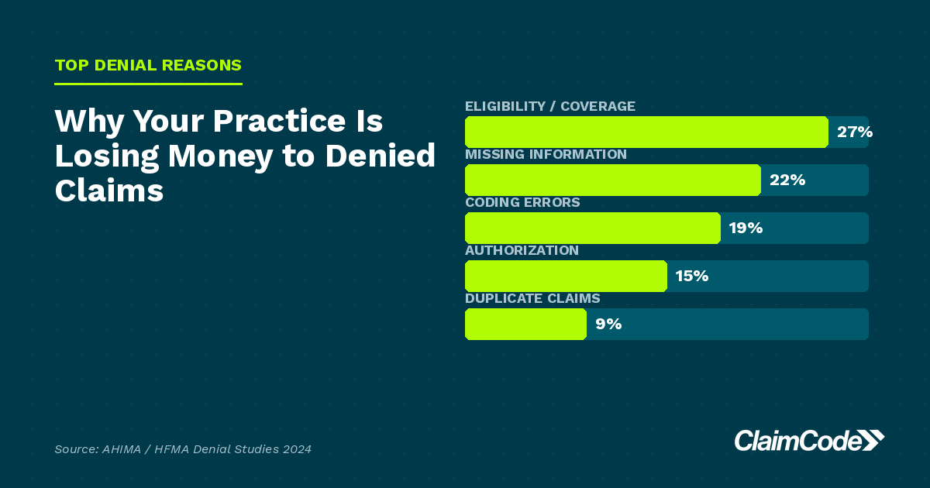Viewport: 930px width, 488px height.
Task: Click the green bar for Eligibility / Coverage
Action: [x=646, y=132]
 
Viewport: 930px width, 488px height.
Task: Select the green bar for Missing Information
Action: [x=612, y=180]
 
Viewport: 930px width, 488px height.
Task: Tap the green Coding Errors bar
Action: [x=592, y=229]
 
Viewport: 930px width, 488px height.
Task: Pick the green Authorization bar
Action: [x=566, y=277]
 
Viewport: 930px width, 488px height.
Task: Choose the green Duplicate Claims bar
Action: [x=525, y=325]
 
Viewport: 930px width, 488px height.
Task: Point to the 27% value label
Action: [x=854, y=132]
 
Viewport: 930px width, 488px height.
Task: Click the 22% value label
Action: [x=787, y=180]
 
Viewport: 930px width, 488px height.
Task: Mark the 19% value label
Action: [x=746, y=229]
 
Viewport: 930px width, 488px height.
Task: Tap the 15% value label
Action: [x=691, y=277]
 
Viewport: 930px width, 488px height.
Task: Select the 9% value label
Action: [x=608, y=325]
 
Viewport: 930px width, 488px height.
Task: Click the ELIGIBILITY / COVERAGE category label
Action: [x=549, y=106]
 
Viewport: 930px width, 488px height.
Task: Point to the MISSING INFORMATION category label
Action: [x=546, y=154]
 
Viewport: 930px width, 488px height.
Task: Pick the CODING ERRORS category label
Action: [x=522, y=202]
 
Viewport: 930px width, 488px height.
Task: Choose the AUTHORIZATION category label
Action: [x=522, y=250]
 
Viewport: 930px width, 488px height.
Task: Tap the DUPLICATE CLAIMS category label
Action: [x=532, y=298]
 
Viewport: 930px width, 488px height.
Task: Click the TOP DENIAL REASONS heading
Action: [x=148, y=65]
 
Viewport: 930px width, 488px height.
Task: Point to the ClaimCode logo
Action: [x=808, y=440]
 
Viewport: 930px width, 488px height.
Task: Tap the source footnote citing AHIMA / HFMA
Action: [x=183, y=449]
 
